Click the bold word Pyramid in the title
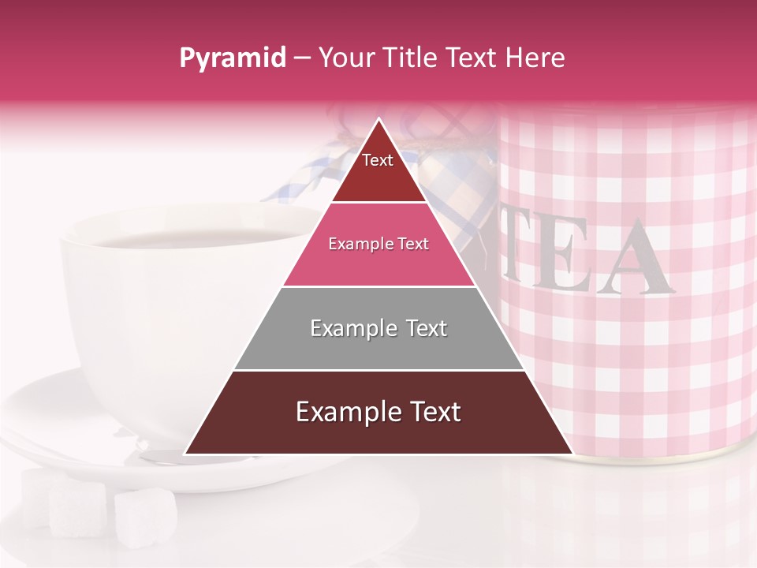[232, 58]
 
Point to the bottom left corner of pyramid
[185, 454]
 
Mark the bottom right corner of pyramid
[572, 454]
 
